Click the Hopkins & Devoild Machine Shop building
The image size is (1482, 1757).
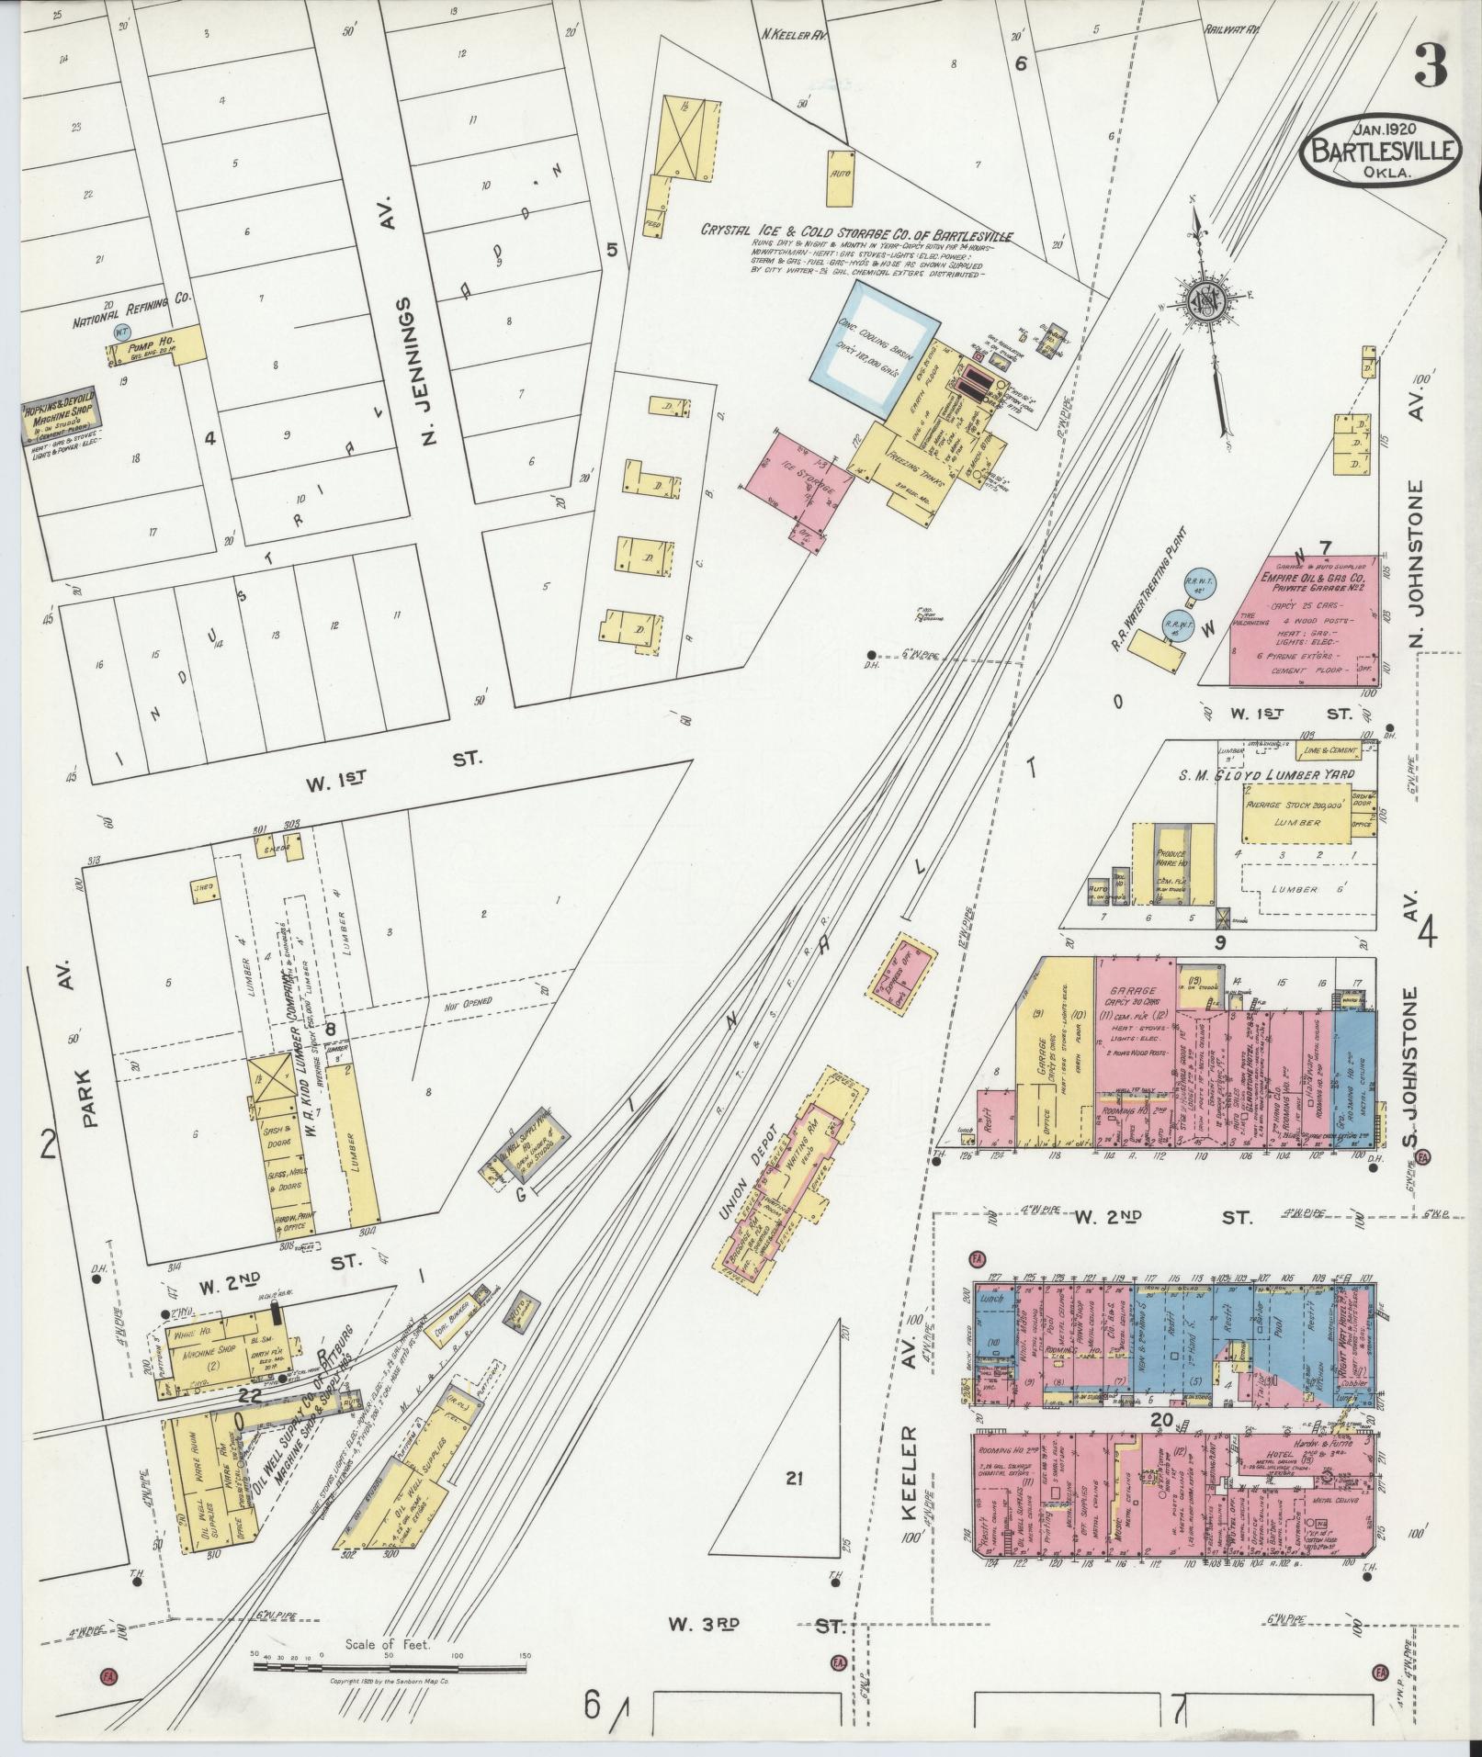click(60, 423)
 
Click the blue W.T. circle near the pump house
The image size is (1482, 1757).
click(117, 331)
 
